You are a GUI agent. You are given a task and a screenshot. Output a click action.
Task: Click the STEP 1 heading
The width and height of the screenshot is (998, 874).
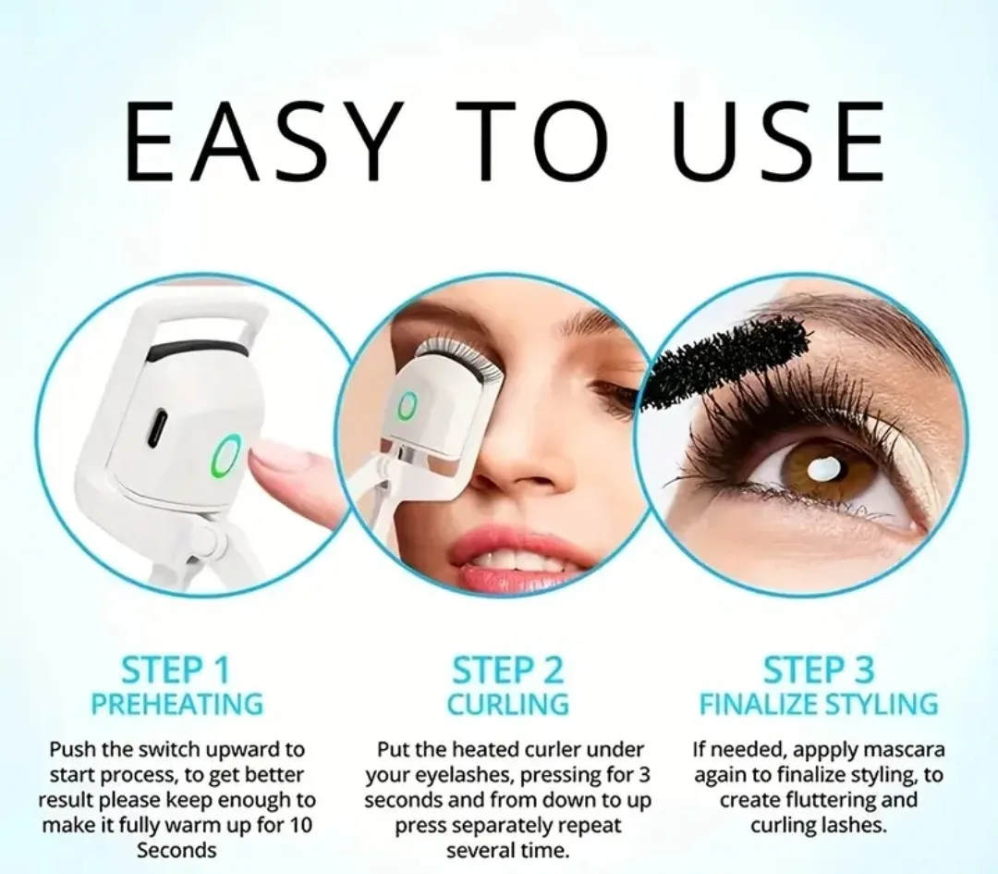[176, 671]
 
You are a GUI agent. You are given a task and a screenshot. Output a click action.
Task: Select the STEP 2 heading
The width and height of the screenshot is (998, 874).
[508, 671]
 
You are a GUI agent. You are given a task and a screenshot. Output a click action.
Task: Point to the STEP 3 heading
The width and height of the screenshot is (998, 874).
[819, 671]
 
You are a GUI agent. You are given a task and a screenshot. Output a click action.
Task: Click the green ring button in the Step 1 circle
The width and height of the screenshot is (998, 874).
[227, 457]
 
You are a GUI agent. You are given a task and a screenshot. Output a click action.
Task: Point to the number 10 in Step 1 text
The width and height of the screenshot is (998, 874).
[299, 825]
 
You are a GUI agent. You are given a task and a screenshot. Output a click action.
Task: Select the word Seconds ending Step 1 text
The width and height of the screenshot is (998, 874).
[176, 851]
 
